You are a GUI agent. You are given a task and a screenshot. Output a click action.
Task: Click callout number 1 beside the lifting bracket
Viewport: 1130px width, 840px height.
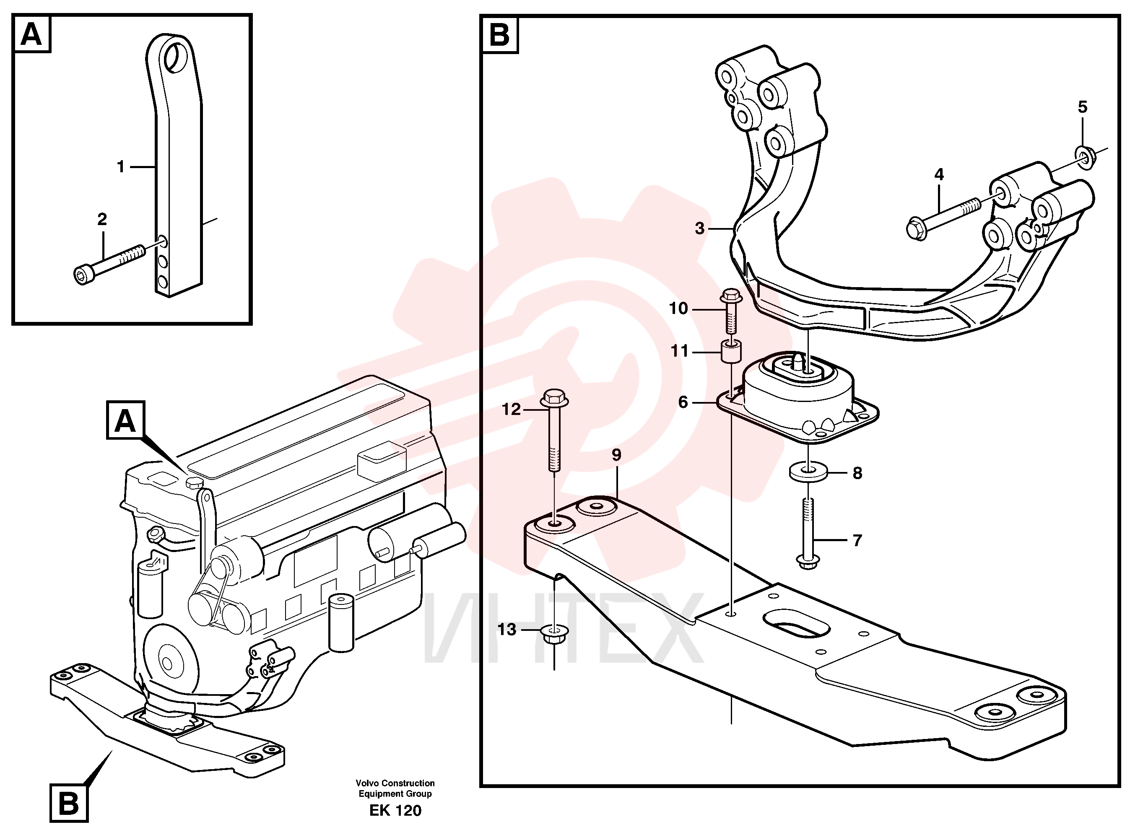click(120, 166)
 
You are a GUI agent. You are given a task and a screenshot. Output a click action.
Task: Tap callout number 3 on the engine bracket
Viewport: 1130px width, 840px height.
click(700, 229)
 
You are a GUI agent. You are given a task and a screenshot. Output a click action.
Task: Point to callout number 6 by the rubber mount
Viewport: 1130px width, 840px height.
click(683, 402)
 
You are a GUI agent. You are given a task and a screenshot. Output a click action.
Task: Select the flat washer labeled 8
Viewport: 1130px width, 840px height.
click(808, 470)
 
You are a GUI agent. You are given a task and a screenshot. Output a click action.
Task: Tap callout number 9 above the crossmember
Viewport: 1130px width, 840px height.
click(616, 455)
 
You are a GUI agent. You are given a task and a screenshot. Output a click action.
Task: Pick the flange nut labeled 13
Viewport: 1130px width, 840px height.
click(554, 635)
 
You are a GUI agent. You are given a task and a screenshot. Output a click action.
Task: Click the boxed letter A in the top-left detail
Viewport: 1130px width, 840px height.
click(32, 34)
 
